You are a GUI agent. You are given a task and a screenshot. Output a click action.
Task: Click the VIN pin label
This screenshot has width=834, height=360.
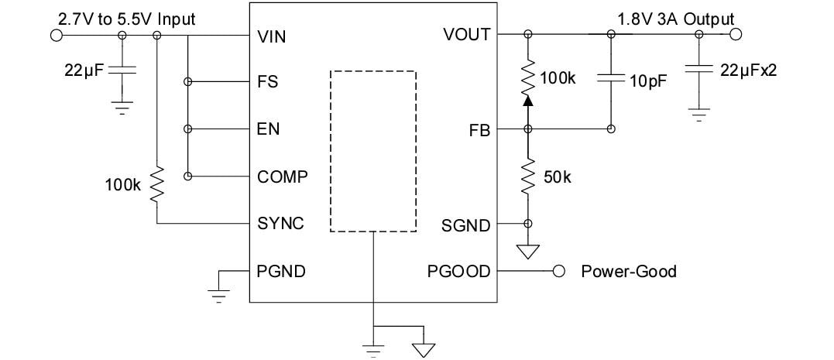[271, 36]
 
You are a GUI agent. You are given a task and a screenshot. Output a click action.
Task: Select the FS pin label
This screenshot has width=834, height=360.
[268, 82]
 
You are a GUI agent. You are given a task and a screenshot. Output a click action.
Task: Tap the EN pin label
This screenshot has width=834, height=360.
[268, 129]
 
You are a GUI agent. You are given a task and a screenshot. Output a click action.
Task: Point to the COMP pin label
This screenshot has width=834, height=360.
[282, 177]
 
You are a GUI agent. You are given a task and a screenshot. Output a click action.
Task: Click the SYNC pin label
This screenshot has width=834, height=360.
[280, 224]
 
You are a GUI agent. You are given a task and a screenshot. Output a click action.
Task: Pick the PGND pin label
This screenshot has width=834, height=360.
[281, 271]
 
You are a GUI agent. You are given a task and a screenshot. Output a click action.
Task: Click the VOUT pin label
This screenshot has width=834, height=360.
[466, 35]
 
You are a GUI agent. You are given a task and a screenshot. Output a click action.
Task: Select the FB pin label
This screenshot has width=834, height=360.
[479, 131]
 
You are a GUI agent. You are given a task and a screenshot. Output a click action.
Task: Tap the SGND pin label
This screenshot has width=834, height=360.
[466, 225]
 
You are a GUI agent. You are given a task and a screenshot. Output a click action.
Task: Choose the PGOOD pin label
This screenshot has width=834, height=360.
[458, 271]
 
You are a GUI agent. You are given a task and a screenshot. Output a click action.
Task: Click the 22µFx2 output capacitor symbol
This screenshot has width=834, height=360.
[699, 69]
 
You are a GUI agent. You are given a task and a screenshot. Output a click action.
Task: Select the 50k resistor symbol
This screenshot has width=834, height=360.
[528, 177]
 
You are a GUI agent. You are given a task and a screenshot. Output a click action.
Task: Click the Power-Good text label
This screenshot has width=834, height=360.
[628, 271]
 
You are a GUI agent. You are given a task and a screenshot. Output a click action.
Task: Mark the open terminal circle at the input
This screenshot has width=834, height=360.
[56, 35]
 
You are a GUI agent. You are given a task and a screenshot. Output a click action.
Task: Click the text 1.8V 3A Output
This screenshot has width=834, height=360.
[675, 19]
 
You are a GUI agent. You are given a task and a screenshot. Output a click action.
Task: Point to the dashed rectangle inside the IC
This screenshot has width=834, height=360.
[372, 151]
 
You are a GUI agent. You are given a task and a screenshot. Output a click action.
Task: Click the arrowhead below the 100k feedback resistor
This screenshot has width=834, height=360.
[528, 99]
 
